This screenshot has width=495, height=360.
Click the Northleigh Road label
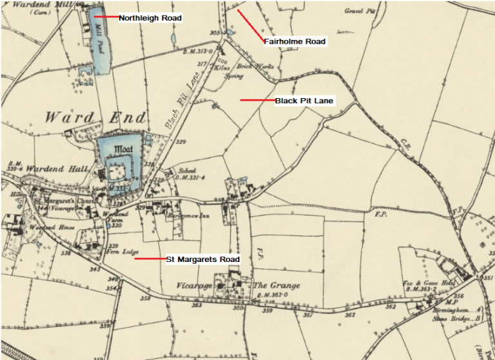(x=150, y=18)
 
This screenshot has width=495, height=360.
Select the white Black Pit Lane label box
(x=304, y=101)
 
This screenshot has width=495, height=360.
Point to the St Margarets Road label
(x=203, y=259)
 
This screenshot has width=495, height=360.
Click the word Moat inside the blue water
(x=122, y=149)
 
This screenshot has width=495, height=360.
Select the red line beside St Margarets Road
(x=150, y=259)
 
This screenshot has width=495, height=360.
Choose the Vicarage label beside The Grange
(x=193, y=285)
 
